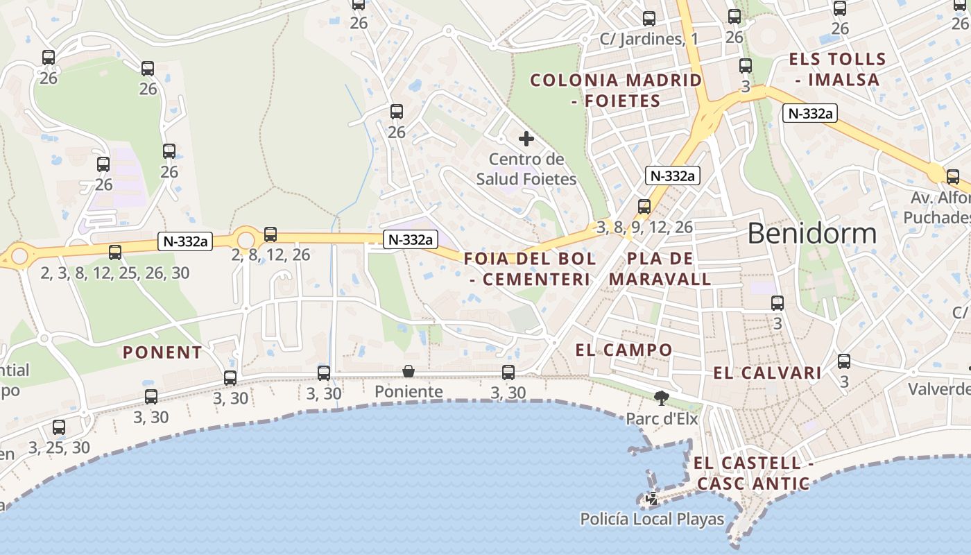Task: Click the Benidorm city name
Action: [x=811, y=233]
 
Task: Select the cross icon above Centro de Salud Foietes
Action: [x=526, y=139]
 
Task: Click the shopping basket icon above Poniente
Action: [x=409, y=372]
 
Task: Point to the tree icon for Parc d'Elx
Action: [x=661, y=398]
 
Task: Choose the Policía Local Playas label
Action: [x=652, y=519]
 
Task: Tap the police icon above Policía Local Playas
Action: [x=652, y=497]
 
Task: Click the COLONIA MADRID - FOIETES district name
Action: [x=616, y=90]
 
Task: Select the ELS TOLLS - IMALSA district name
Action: [x=837, y=69]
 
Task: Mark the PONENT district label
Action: [x=162, y=352]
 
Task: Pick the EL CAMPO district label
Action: [x=624, y=350]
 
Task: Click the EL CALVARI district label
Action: [x=767, y=373]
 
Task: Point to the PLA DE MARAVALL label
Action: [x=660, y=269]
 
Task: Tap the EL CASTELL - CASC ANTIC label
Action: [x=753, y=473]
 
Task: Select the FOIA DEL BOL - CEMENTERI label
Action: [x=530, y=269]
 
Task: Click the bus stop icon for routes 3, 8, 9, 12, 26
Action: [x=644, y=207]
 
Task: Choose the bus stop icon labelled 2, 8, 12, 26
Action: [x=270, y=234]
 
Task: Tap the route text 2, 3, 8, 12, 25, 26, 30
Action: [x=115, y=273]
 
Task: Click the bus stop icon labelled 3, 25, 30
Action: [x=59, y=427]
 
